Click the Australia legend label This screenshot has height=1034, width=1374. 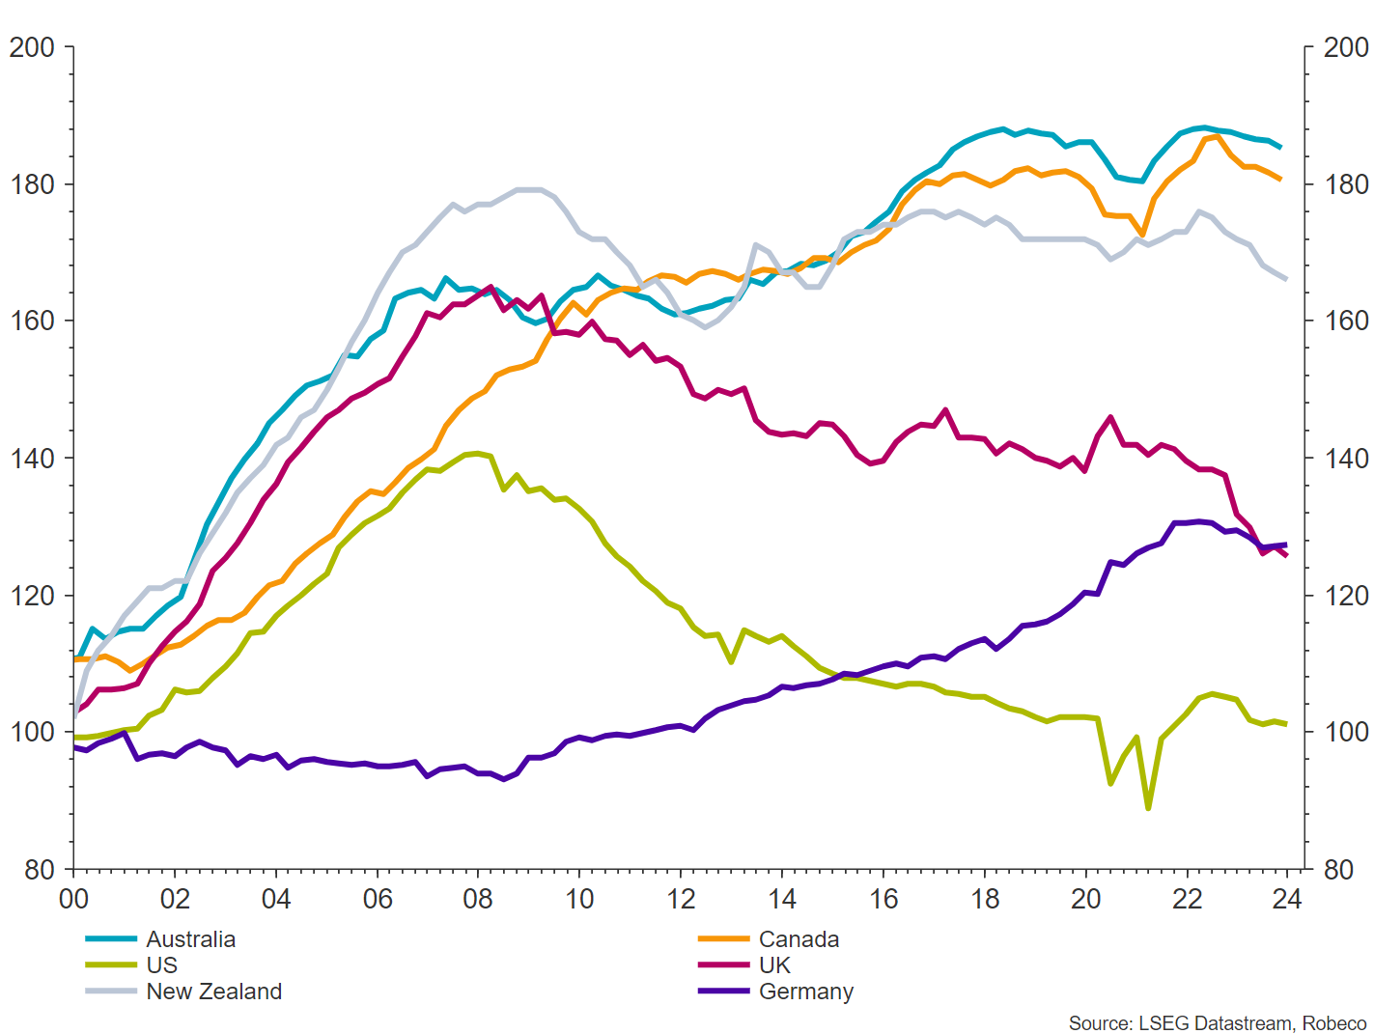pyautogui.click(x=190, y=939)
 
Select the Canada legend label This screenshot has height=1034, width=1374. pyautogui.click(x=799, y=939)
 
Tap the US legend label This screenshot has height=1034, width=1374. pyautogui.click(x=162, y=965)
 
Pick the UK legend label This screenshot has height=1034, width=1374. pyautogui.click(x=774, y=965)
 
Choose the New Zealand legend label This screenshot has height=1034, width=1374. pyautogui.click(x=213, y=992)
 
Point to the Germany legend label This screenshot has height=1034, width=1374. pyautogui.click(x=806, y=992)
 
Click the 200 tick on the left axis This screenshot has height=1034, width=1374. pyautogui.click(x=31, y=46)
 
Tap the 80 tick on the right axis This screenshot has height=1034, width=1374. pyautogui.click(x=1346, y=870)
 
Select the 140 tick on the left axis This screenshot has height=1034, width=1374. pyautogui.click(x=31, y=458)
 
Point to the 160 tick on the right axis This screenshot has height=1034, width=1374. pyautogui.click(x=1346, y=321)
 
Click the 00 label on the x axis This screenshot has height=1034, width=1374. pyautogui.click(x=73, y=900)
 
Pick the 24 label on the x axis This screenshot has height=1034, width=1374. pyautogui.click(x=1287, y=900)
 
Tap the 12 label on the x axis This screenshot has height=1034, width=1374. pyautogui.click(x=681, y=900)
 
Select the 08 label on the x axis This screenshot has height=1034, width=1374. pyautogui.click(x=478, y=900)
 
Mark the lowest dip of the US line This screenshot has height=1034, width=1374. pyautogui.click(x=1148, y=808)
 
